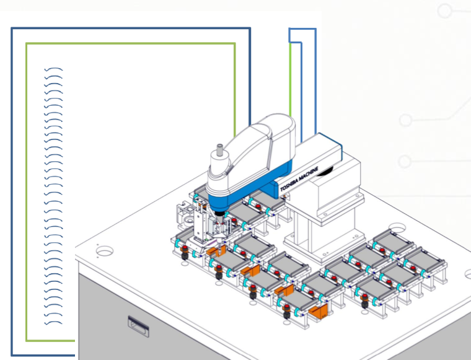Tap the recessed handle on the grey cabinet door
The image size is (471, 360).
[136, 323]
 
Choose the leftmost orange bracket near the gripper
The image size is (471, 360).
[214, 252]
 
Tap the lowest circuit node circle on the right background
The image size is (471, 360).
[405, 162]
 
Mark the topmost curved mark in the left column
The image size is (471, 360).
[54, 69]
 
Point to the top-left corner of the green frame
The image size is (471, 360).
[27, 44]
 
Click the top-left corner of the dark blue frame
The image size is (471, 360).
[12, 29]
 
